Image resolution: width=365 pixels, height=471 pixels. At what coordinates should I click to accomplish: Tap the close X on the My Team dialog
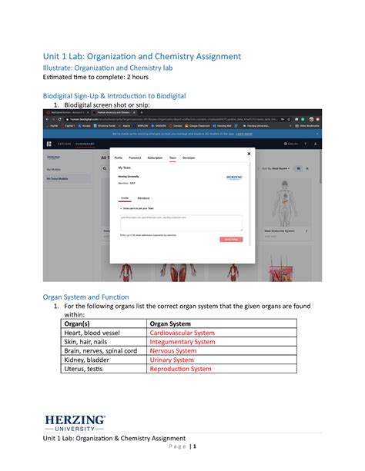coord(249,154)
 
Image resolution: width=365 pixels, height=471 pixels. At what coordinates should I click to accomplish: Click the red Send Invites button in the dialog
coord(230,239)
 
